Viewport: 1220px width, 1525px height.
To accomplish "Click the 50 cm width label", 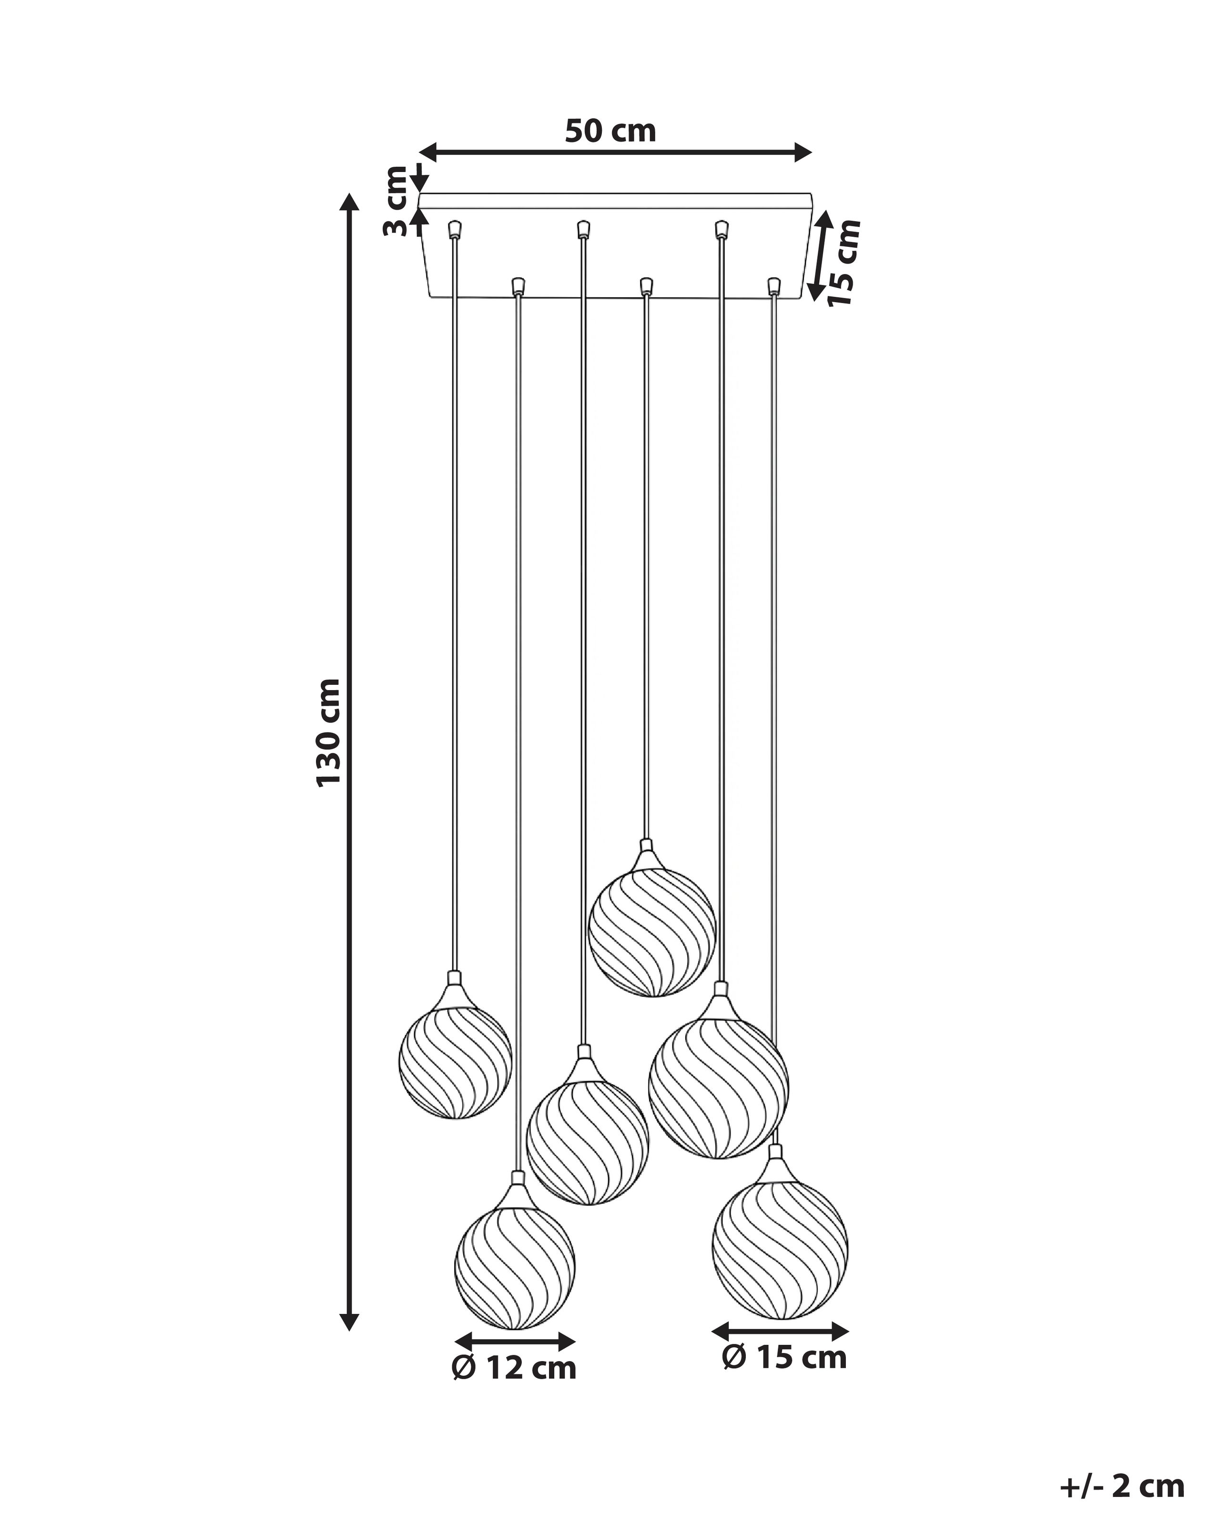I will tap(610, 132).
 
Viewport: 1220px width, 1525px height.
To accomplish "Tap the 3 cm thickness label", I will tap(396, 202).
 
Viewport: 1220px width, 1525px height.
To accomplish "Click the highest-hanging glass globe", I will tap(652, 932).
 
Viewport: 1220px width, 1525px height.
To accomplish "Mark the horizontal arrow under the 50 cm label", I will tap(615, 152).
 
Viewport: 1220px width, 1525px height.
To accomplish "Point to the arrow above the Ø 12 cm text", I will tap(515, 1341).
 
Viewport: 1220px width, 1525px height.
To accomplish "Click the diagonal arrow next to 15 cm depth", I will tap(821, 256).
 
